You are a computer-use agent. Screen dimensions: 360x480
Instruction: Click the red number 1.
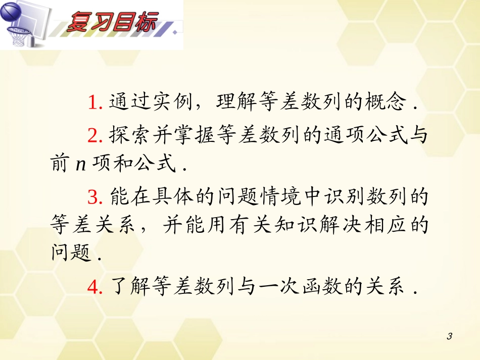click(92, 104)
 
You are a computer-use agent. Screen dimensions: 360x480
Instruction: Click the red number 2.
click(92, 135)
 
